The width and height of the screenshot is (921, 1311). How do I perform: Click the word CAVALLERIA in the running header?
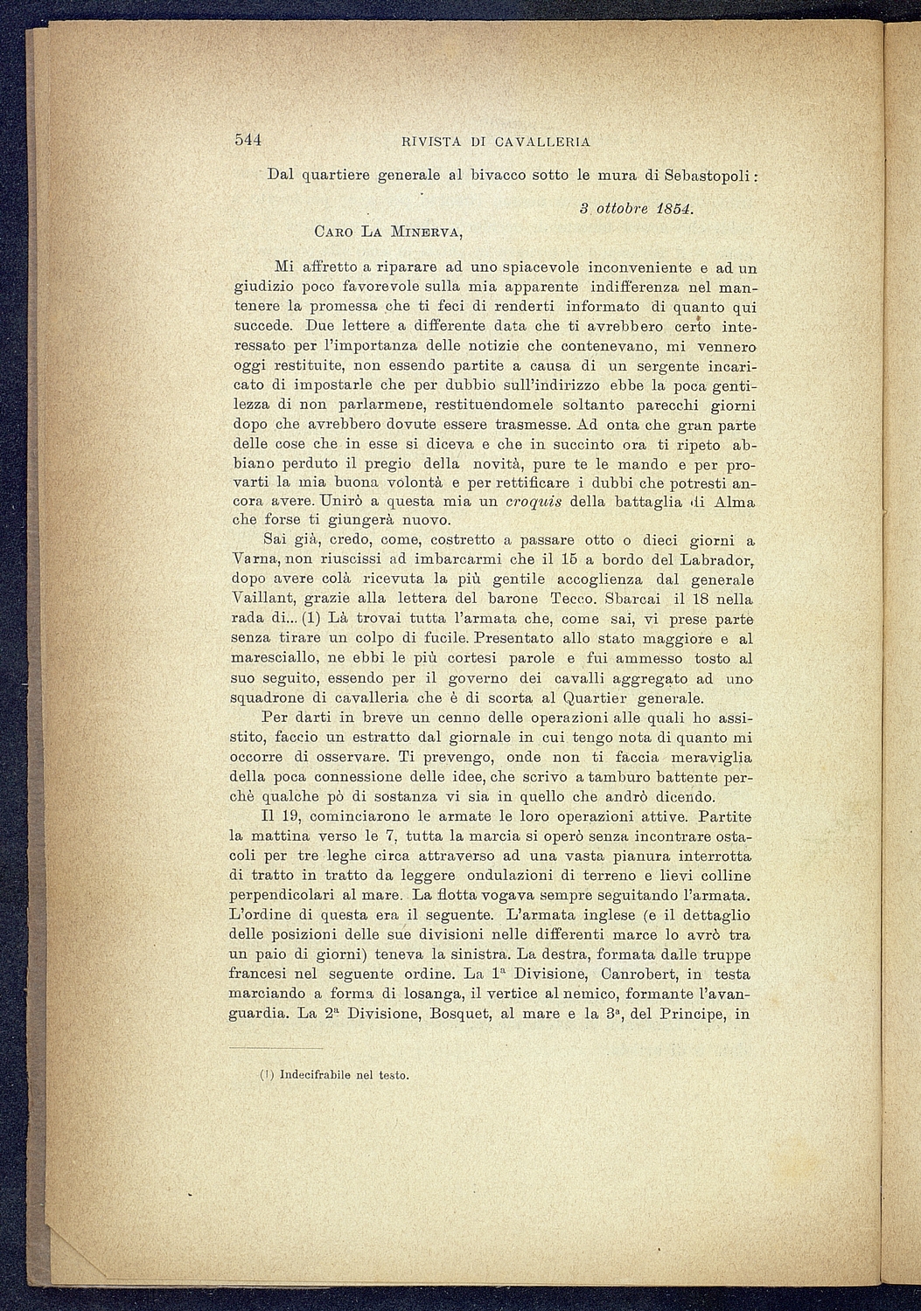(x=542, y=142)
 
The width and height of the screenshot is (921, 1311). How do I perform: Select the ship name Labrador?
(x=715, y=560)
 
